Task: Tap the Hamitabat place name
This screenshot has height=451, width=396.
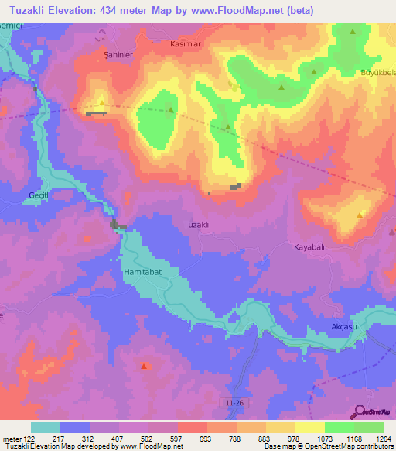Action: (143, 273)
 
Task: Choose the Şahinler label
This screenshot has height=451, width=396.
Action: (117, 56)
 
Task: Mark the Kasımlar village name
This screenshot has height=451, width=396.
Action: (186, 45)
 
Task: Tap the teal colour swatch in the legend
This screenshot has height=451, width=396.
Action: (46, 427)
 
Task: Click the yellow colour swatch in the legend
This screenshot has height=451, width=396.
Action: (310, 427)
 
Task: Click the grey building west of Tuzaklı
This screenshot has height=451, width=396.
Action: (117, 225)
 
